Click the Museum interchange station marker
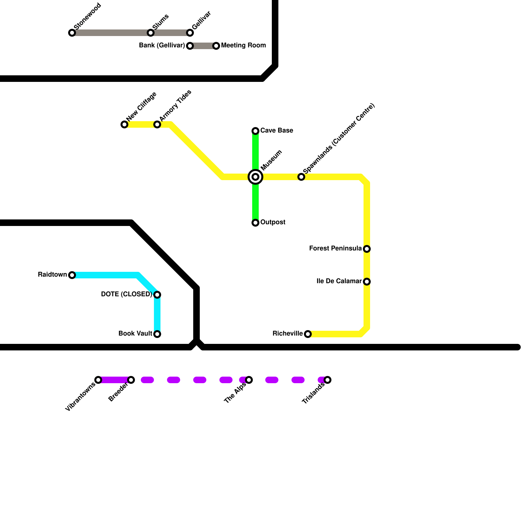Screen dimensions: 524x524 [255, 177]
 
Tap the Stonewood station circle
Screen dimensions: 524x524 [72, 33]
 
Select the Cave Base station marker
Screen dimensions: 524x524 [255, 131]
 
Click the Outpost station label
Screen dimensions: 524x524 [273, 222]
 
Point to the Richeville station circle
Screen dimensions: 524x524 [308, 334]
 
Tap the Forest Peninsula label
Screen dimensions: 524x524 [335, 249]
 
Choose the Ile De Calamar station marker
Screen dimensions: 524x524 [367, 282]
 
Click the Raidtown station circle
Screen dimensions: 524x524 [72, 275]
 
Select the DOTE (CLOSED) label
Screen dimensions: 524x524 [126, 294]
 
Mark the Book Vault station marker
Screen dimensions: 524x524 [157, 334]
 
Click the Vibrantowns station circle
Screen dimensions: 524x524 [98, 380]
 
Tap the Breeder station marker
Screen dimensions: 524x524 [131, 380]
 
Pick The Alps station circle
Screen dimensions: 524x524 [249, 380]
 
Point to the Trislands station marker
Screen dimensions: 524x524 [327, 380]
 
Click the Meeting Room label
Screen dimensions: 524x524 [243, 46]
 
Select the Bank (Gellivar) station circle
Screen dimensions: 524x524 [190, 46]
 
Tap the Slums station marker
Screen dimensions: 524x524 [151, 33]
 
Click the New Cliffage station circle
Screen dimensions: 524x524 [124, 124]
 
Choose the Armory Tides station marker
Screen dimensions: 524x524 [157, 124]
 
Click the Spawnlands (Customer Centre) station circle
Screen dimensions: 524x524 [301, 177]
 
